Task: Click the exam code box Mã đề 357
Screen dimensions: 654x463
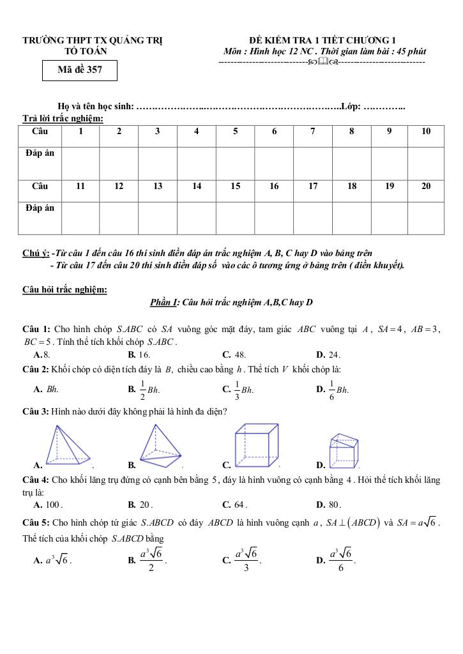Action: point(80,70)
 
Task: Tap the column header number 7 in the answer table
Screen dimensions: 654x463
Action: point(312,132)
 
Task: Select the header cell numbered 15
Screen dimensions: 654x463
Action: point(235,186)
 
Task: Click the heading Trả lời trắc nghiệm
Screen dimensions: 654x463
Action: point(63,118)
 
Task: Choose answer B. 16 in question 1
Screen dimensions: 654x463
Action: point(139,354)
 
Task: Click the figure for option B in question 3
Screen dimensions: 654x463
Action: point(159,446)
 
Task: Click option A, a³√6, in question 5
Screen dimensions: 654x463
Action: point(52,560)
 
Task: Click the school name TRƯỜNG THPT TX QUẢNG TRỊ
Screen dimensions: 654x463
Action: point(93,41)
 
